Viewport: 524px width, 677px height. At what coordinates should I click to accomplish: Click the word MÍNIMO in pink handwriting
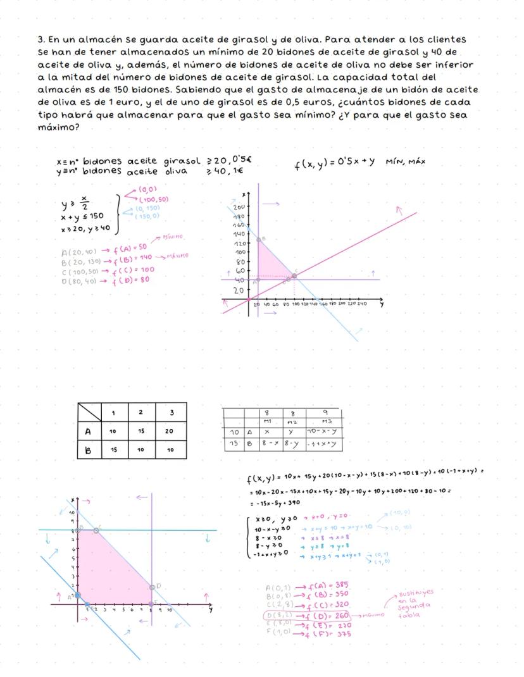[173, 237]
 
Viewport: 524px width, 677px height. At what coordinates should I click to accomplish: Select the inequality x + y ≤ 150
[82, 216]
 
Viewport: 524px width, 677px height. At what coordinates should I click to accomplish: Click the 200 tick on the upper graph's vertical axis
[239, 208]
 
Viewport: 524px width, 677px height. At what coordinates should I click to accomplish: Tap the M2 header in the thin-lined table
[292, 421]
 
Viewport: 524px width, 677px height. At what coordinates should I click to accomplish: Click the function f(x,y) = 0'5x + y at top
[335, 163]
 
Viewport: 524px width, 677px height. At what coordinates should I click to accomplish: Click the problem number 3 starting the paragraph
[41, 39]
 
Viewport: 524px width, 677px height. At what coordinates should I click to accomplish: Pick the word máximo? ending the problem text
[58, 127]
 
